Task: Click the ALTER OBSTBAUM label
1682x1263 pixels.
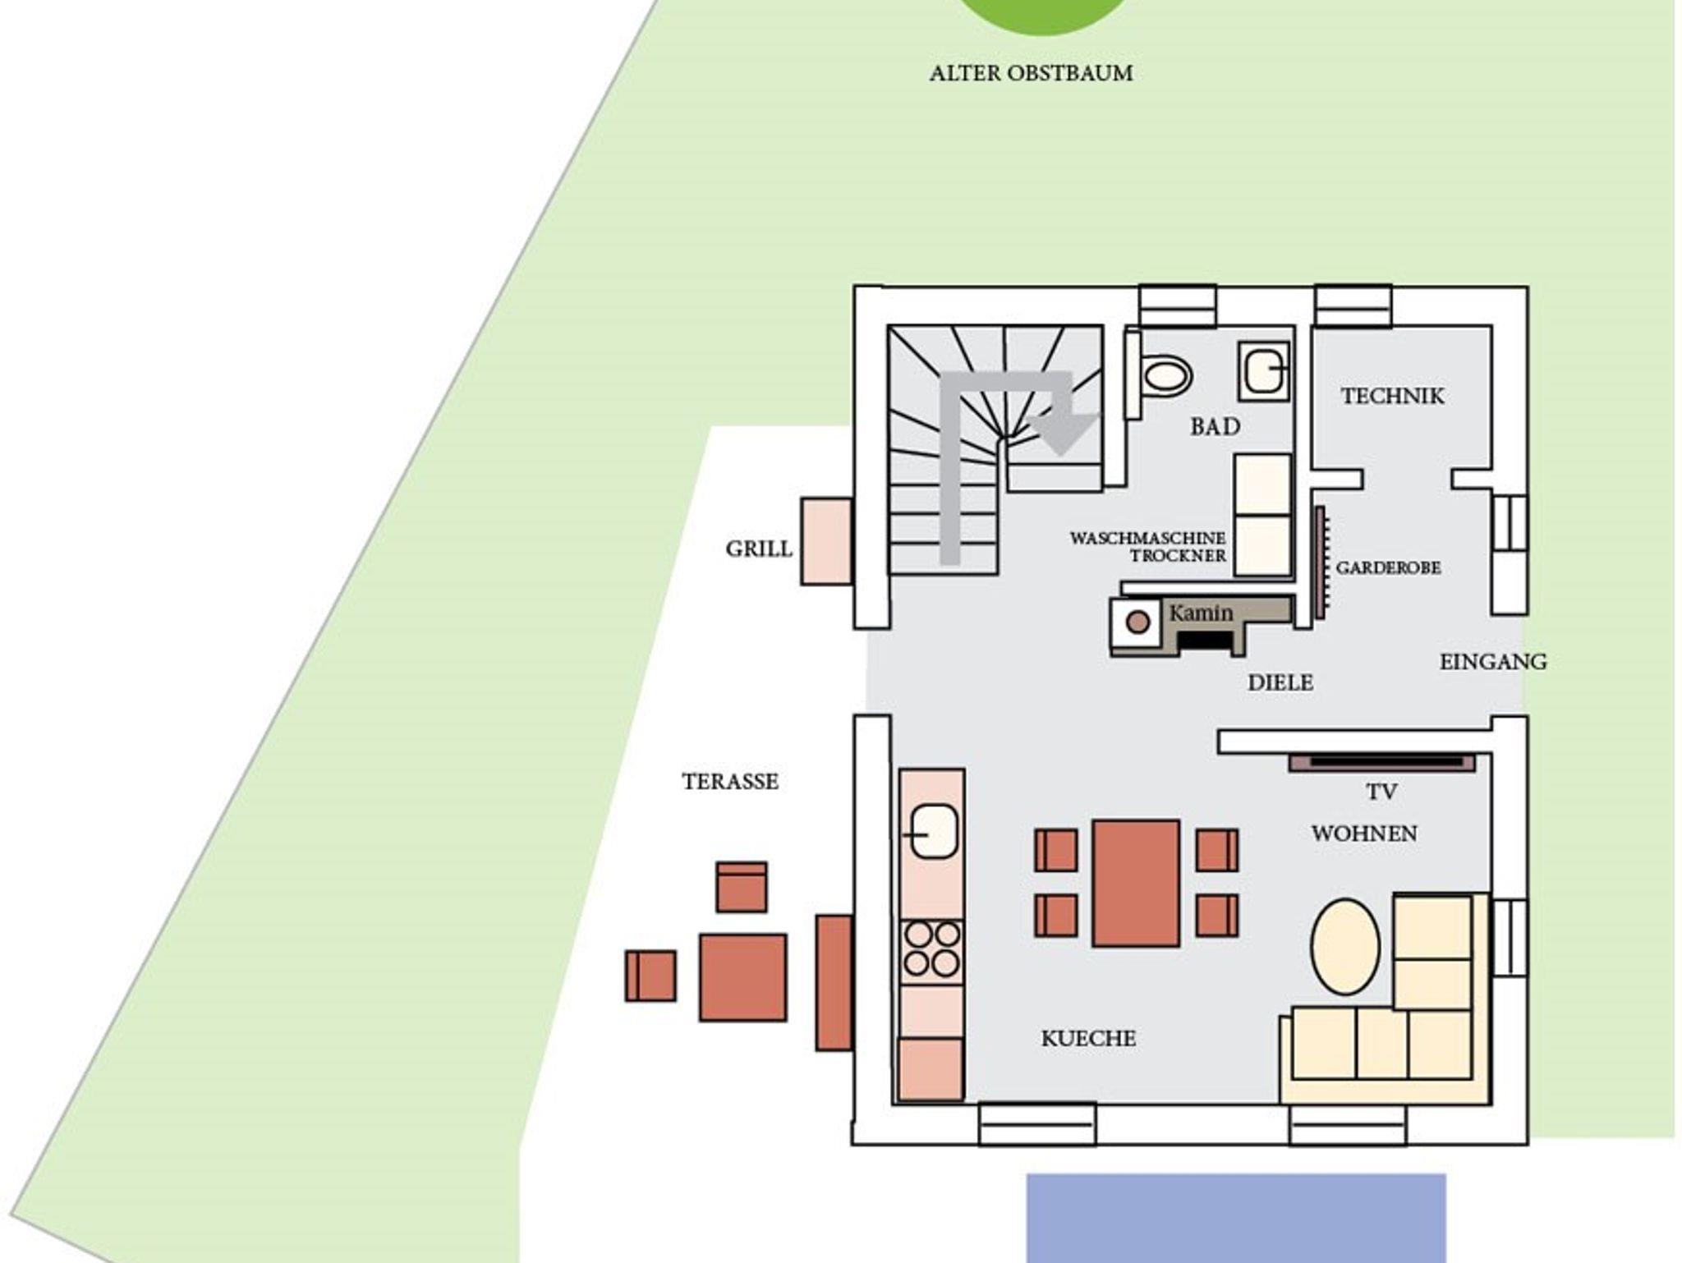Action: pos(1031,73)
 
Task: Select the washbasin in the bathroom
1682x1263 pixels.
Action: pos(1264,372)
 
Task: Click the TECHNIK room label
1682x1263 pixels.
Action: pos(1392,396)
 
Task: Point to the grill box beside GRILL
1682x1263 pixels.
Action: pos(826,541)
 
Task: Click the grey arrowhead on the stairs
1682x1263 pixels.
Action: pos(1062,432)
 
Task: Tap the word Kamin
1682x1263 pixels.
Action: pos(1201,613)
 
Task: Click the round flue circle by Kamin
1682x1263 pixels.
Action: pos(1137,622)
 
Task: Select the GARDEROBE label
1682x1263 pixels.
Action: pos(1388,567)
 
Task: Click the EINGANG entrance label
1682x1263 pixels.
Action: pos(1493,662)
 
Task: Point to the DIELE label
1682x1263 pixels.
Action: pos(1280,682)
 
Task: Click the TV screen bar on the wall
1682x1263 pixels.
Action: pos(1381,763)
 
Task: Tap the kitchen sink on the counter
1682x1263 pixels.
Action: pos(934,832)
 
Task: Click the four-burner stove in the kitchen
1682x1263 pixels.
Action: pos(932,949)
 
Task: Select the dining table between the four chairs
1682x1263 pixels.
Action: pos(1136,883)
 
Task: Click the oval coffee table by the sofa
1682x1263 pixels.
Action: pos(1345,946)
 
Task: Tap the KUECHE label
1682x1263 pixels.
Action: pos(1088,1039)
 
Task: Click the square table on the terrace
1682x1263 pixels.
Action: pos(742,977)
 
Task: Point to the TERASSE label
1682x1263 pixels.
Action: pos(730,781)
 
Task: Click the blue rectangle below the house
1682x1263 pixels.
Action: pos(1236,1219)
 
